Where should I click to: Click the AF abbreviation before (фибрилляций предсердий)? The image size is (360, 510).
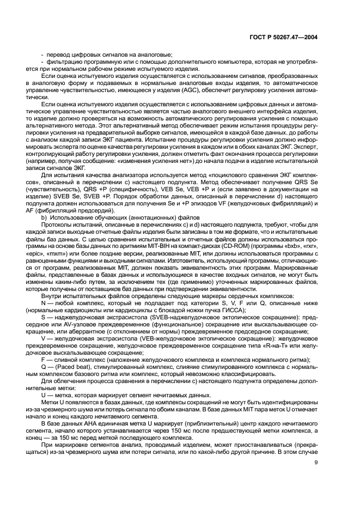coord(46,210)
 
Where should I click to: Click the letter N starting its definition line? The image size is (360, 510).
coord(44,302)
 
